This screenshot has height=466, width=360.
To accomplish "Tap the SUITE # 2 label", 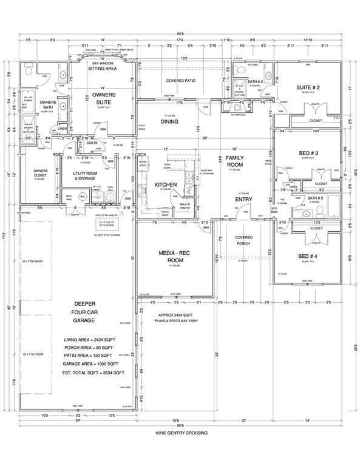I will [x=307, y=87].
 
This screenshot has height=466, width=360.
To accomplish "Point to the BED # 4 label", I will [x=307, y=256].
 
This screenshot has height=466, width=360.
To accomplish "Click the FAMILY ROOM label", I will [x=234, y=161].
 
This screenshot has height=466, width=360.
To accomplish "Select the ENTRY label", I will [x=243, y=198].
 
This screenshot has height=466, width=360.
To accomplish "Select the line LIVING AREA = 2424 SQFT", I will [x=94, y=339].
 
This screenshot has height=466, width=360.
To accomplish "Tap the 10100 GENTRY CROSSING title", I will [x=180, y=433].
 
